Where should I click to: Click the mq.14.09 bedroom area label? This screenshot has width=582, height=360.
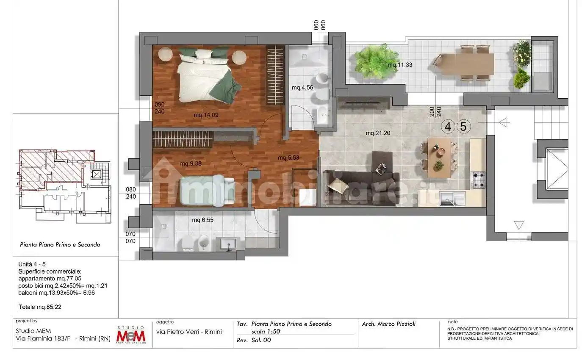(206, 115)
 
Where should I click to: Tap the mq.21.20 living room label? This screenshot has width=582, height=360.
(378, 133)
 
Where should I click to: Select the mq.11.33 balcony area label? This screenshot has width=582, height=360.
(400, 65)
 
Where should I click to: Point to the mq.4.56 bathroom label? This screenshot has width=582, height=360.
(302, 88)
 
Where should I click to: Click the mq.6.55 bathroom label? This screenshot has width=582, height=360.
(202, 220)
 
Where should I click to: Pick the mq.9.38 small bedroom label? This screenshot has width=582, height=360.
(191, 163)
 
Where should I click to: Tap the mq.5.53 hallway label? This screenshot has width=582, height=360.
(288, 158)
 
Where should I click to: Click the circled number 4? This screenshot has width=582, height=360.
(448, 127)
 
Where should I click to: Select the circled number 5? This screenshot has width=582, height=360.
(463, 127)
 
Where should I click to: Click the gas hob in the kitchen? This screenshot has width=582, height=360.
(478, 180)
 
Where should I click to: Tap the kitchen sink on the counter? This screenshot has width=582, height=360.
(452, 199)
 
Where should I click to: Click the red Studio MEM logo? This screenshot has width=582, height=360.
(131, 335)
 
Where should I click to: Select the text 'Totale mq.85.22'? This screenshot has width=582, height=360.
(40, 307)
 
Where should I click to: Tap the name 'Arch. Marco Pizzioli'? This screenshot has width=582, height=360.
(389, 324)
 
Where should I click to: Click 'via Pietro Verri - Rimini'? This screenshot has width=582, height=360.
(189, 332)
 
